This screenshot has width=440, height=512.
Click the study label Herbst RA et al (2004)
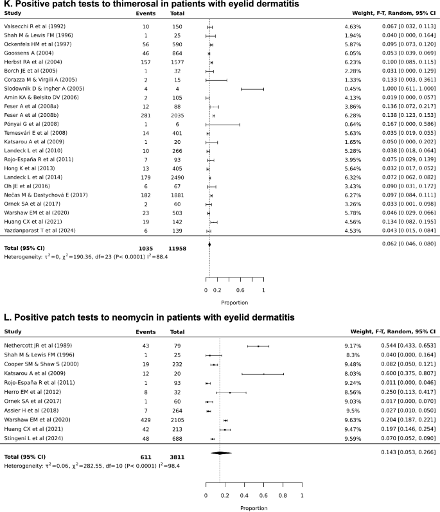32,62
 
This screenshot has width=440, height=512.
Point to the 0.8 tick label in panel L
283,496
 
